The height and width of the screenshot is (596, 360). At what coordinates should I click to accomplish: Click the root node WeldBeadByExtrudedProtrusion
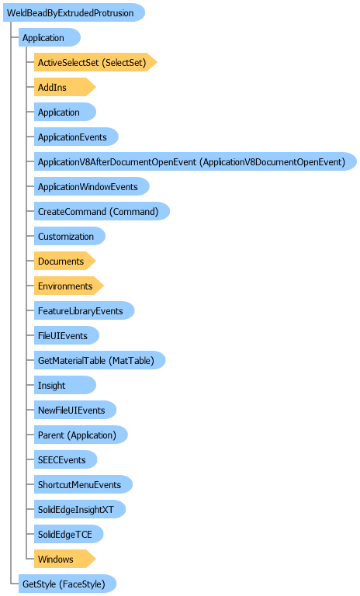click(x=74, y=12)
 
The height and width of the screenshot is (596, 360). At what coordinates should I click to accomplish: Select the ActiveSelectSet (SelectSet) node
click(x=95, y=62)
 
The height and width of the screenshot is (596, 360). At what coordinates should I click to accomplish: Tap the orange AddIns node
click(x=64, y=87)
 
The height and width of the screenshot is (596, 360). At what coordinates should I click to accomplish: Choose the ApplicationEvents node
click(x=76, y=137)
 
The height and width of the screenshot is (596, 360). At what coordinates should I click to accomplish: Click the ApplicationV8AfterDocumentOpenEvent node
click(x=196, y=161)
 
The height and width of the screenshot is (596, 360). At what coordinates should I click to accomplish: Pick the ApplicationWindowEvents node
click(x=92, y=186)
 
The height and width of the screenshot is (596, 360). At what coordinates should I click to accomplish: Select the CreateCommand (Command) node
click(x=102, y=211)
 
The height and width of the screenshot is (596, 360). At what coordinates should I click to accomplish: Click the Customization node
click(x=70, y=236)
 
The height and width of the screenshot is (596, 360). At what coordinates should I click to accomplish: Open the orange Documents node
click(x=64, y=261)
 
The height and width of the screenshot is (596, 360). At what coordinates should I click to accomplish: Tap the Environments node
click(x=69, y=286)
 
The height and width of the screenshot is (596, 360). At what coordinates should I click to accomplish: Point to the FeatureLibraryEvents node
click(x=84, y=310)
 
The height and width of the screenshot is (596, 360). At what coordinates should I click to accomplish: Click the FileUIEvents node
click(x=67, y=335)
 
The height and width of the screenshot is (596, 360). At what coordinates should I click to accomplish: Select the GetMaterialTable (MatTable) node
click(x=99, y=360)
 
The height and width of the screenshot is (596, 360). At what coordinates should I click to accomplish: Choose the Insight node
click(x=65, y=385)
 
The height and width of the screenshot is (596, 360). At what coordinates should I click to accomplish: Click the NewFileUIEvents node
click(x=75, y=410)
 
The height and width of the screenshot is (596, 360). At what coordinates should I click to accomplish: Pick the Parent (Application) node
click(x=81, y=435)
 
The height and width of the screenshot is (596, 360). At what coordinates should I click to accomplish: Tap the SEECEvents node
click(x=65, y=459)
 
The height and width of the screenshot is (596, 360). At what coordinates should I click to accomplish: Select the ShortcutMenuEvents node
click(x=83, y=484)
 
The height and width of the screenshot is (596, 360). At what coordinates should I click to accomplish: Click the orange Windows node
click(x=64, y=559)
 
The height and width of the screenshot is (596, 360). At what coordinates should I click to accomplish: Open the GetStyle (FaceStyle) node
click(x=67, y=584)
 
